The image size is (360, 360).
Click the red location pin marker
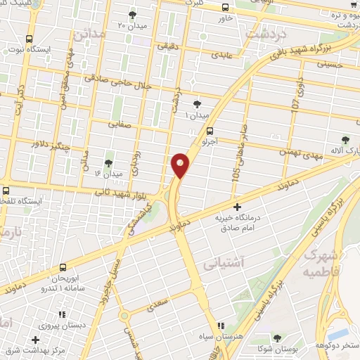pyautogui.click(x=180, y=165)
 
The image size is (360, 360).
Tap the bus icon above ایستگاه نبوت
pyautogui.click(x=29, y=39)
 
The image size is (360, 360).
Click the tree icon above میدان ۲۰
pyautogui.click(x=133, y=14)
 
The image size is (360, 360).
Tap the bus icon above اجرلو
pyautogui.click(x=210, y=130)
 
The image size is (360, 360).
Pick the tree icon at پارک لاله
pyautogui.click(x=345, y=140)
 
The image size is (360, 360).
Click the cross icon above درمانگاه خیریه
pyautogui.click(x=238, y=207)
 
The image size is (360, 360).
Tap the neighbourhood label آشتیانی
pyautogui.click(x=221, y=264)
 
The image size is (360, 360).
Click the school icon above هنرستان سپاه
pyautogui.click(x=222, y=326)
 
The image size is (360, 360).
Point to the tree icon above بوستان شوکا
pyautogui.click(x=276, y=338)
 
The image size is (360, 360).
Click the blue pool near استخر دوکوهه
pyautogui.click(x=342, y=332)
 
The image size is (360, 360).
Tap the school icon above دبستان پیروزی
pyautogui.click(x=61, y=314)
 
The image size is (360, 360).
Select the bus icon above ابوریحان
pyautogui.click(x=63, y=267)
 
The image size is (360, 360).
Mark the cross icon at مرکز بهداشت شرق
pyautogui.click(x=35, y=340)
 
